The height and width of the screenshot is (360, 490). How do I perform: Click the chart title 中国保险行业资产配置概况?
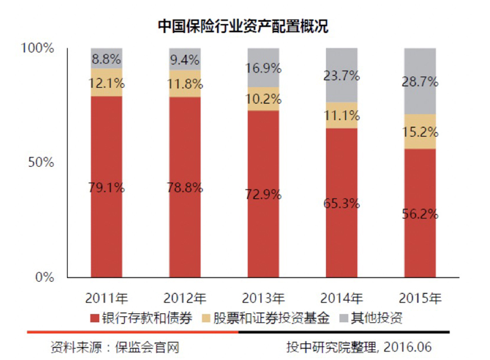pos(243,26)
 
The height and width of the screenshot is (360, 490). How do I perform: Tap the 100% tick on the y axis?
pos(38,48)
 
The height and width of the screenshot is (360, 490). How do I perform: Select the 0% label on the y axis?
pos(44,277)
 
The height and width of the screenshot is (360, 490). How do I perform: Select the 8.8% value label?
pos(106,58)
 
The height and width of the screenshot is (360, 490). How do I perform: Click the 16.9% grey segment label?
pos(263,68)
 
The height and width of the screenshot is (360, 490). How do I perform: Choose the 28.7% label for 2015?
pos(420,82)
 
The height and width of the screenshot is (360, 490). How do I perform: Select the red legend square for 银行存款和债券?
pos(94,318)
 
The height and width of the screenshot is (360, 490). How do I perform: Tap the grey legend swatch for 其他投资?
pos(342,318)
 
